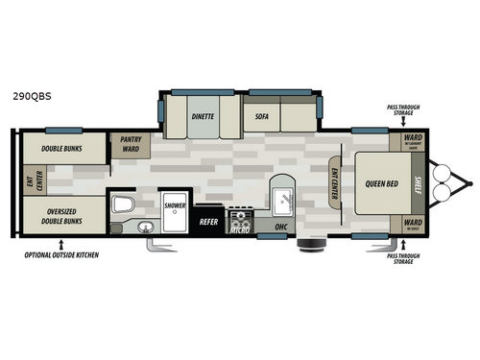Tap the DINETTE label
click(202, 115)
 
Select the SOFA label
click(261, 115)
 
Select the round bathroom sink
click(144, 227)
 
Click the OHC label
click(281, 228)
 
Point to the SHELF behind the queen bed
click(417, 182)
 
